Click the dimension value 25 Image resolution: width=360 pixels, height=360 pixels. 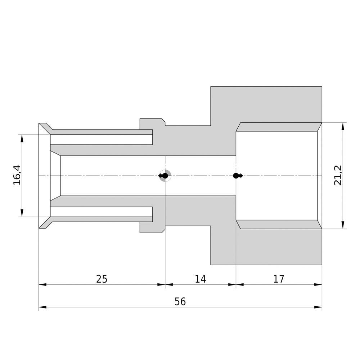[102, 279]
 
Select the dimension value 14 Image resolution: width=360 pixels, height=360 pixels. [201, 279]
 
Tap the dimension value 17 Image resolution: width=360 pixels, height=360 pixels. [279, 279]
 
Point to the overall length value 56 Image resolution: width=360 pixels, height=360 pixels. [180, 301]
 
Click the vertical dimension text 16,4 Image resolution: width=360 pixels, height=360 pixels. [17, 175]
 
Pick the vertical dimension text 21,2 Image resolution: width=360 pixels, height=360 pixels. [338, 175]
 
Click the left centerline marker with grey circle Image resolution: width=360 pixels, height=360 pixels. [165, 176]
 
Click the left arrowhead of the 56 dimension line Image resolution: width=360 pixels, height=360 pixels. [42, 307]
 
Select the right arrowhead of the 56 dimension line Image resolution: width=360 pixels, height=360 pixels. [318, 307]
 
